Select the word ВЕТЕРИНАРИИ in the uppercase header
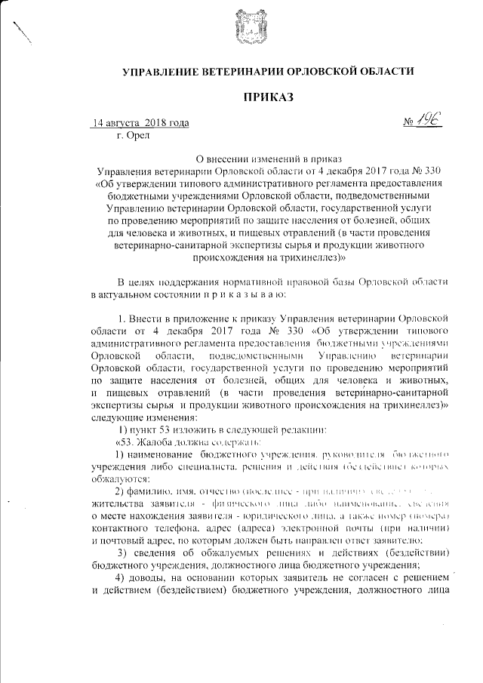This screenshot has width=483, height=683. [234, 71]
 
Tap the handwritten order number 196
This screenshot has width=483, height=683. [433, 119]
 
